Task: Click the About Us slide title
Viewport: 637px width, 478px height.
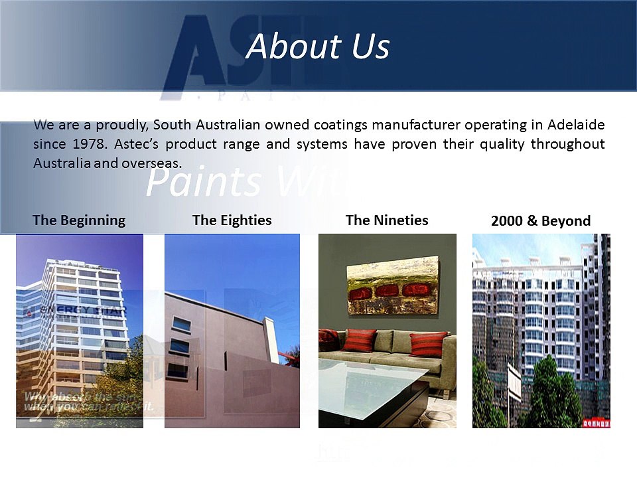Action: (318, 46)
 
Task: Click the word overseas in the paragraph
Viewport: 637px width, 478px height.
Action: (151, 163)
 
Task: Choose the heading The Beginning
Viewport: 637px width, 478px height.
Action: (79, 220)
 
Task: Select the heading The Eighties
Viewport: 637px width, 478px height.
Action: (232, 220)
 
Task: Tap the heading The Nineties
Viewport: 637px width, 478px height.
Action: (387, 220)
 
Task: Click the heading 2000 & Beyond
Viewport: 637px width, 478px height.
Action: (541, 221)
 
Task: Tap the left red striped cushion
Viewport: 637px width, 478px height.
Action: (360, 341)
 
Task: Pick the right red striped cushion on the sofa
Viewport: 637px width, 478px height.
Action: (428, 344)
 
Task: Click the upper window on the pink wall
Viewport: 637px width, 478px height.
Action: (180, 325)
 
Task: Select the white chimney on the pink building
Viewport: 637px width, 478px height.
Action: (271, 340)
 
